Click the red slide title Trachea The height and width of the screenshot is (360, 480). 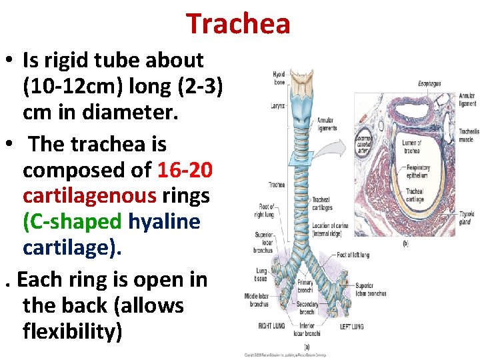pos(238,24)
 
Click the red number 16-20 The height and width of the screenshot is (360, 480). pos(185,171)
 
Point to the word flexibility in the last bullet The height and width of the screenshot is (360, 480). pos(72,330)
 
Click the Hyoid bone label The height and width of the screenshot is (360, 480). pos(279,77)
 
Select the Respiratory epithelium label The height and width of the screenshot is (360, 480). pos(417,171)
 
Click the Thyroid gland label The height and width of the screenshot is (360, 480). pos(465,218)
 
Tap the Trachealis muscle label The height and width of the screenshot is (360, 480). pos(468,135)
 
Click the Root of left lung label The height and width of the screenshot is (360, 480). pos(353,255)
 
